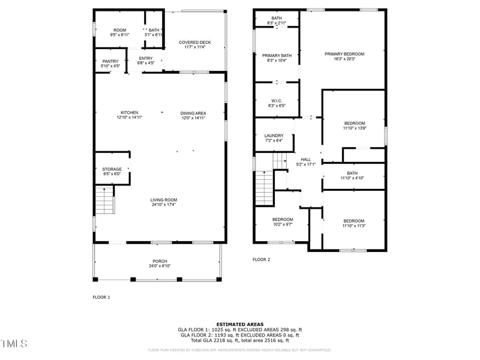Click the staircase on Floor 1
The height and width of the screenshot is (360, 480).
pyautogui.click(x=104, y=200)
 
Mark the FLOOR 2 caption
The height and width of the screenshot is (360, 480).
pyautogui.click(x=261, y=260)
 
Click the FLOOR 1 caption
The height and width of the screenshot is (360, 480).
pyautogui.click(x=101, y=297)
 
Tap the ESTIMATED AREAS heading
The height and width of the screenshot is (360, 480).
pyautogui.click(x=239, y=324)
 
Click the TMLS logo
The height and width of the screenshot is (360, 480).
pyautogui.click(x=14, y=344)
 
